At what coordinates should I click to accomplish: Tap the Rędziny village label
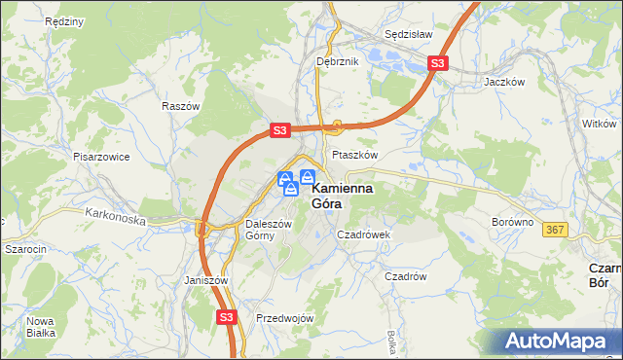(35, 20)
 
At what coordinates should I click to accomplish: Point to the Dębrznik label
(338, 61)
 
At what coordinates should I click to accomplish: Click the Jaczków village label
(504, 83)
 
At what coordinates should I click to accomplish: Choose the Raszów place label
(181, 106)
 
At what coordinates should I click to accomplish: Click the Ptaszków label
(354, 155)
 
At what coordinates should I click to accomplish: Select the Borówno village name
(513, 222)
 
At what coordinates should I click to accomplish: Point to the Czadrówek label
(363, 234)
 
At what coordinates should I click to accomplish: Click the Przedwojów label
(284, 318)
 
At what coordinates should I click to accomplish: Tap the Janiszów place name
(205, 280)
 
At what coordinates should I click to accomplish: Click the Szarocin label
(26, 249)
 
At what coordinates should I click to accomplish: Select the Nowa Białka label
(40, 326)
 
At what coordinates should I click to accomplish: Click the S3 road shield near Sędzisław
(438, 64)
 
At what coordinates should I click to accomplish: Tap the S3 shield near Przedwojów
(227, 316)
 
